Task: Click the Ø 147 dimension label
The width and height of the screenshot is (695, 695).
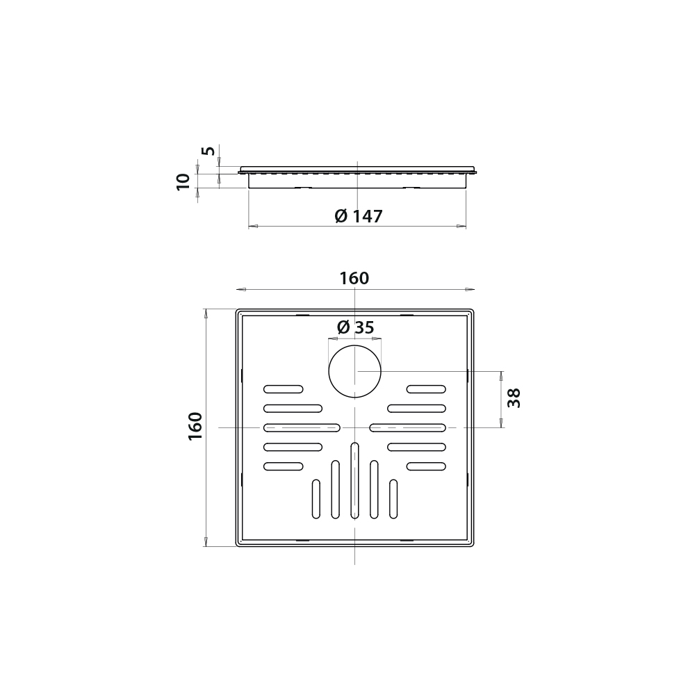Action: (358, 216)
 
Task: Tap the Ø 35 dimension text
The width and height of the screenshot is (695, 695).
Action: (354, 327)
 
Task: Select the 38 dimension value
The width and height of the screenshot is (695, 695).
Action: (514, 398)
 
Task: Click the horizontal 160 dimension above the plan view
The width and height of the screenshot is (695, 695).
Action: (354, 279)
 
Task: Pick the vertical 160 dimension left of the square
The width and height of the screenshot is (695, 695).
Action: (195, 425)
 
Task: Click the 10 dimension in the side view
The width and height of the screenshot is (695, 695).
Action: (183, 182)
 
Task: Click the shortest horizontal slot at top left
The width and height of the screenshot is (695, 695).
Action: (283, 389)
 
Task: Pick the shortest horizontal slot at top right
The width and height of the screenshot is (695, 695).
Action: (426, 389)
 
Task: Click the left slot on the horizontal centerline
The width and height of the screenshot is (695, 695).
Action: (302, 427)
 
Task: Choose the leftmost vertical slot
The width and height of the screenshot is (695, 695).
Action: (316, 498)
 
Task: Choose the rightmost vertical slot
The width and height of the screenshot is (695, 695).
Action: (393, 498)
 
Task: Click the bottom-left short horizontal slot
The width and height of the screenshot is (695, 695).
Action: (283, 466)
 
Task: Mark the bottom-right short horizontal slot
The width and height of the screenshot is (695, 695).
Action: (426, 466)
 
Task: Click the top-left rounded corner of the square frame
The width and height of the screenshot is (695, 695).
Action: (238, 312)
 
